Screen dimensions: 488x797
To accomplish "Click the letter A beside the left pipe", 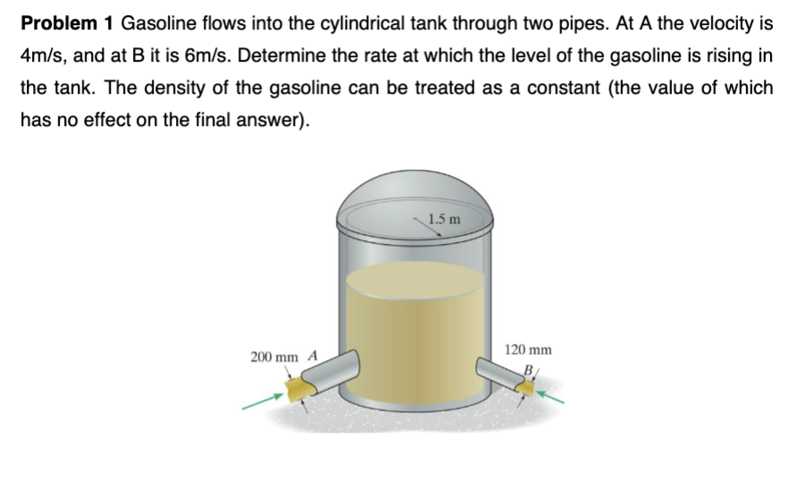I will point(313,355).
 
